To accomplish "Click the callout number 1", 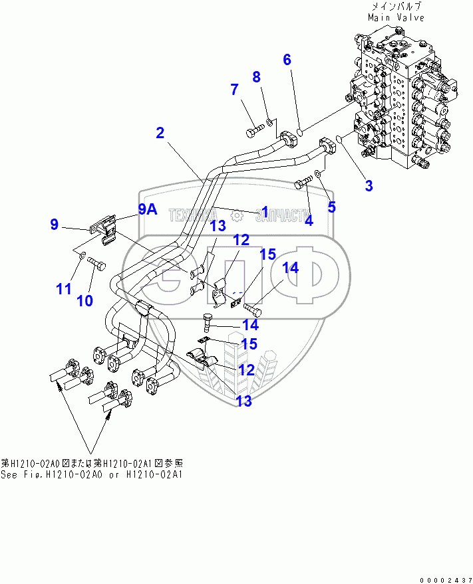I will point(265,212).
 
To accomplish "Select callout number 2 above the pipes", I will point(160,133).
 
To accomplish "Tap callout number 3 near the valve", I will point(369,185).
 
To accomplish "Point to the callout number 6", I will point(287,60).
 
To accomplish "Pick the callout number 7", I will point(234,90).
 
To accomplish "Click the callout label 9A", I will point(148,210).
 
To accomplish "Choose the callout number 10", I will point(84,300).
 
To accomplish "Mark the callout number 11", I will point(63,289).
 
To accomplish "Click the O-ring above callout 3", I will point(340,139).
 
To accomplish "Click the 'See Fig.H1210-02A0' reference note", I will point(91,474).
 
